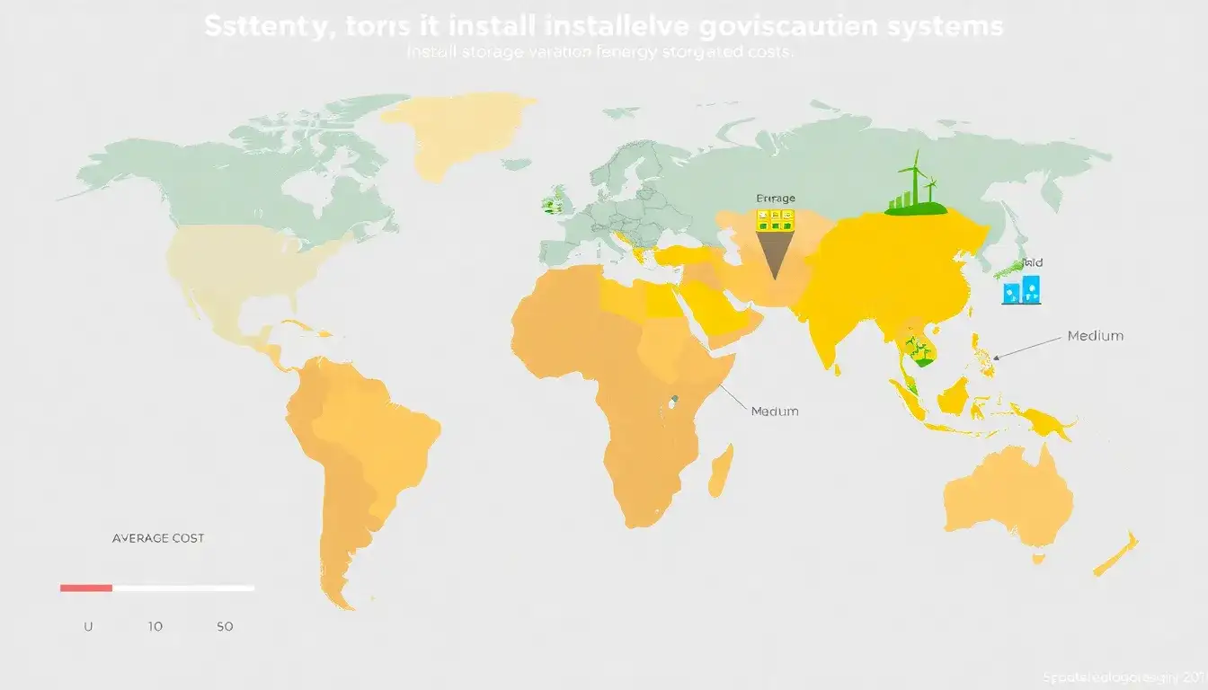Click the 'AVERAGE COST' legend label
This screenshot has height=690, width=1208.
[x=157, y=538]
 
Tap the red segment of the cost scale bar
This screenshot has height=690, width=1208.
[x=86, y=588]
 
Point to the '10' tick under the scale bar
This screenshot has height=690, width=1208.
[x=155, y=626]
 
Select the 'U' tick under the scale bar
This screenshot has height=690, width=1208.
[x=88, y=626]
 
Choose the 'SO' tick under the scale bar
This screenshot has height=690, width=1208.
[x=225, y=626]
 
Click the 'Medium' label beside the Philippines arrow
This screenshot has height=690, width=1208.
[x=1095, y=336]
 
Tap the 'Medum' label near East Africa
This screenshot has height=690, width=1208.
[x=774, y=411]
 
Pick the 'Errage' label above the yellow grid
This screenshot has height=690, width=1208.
[x=776, y=199]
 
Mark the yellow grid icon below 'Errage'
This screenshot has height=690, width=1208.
[x=775, y=217]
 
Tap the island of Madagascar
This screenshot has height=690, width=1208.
[x=721, y=471]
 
